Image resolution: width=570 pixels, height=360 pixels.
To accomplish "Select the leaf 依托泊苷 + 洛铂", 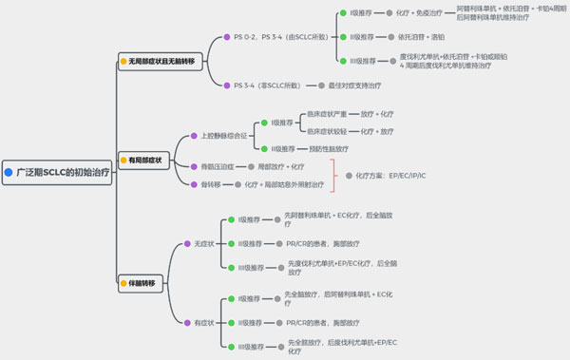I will pyautogui.click(x=421, y=37).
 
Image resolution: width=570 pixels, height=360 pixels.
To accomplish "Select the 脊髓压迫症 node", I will pyautogui.click(x=216, y=166).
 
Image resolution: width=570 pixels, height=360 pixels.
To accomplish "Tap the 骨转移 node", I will pyautogui.click(x=209, y=184).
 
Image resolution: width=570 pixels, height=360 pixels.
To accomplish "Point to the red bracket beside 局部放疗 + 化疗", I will pyautogui.click(x=333, y=175).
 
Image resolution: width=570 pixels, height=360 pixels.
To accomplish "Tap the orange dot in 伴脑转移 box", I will pyautogui.click(x=123, y=282).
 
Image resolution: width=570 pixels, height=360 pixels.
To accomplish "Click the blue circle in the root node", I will pyautogui.click(x=9, y=175).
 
